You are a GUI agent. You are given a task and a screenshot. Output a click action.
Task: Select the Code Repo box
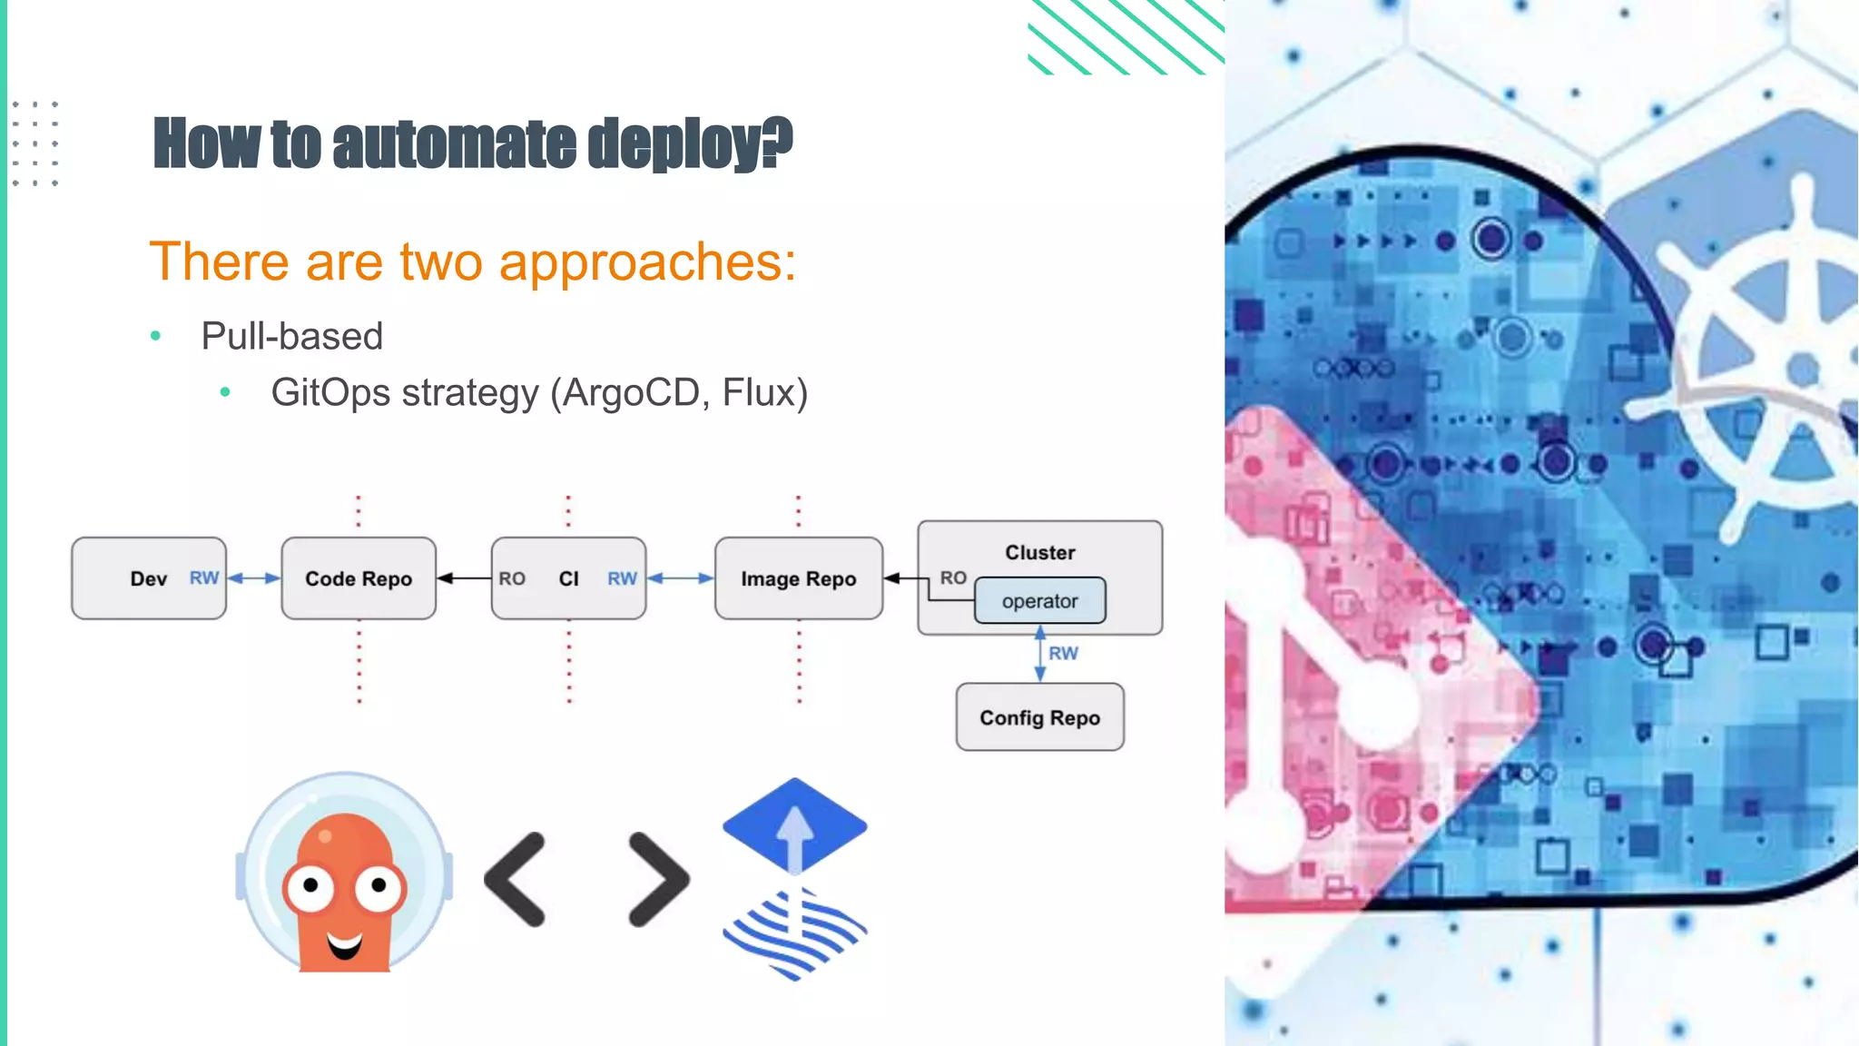tap(359, 578)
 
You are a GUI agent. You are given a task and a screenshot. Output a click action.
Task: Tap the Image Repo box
tap(798, 578)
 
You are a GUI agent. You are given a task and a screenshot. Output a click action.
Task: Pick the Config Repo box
tap(1039, 717)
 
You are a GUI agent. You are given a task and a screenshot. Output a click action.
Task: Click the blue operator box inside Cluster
tap(1039, 601)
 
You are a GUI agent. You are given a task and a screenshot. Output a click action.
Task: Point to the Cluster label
tap(1039, 552)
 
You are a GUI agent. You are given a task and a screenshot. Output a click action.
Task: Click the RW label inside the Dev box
tap(203, 577)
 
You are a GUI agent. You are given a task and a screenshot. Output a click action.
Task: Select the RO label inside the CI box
tap(512, 578)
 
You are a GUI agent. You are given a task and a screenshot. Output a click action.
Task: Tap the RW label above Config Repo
tap(1063, 653)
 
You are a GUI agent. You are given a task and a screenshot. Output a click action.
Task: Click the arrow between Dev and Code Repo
tap(253, 577)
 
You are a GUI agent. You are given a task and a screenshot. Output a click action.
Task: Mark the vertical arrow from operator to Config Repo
tap(1040, 654)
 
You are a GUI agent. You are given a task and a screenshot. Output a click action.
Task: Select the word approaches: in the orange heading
tap(647, 261)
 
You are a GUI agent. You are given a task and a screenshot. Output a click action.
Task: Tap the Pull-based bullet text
tap(291, 336)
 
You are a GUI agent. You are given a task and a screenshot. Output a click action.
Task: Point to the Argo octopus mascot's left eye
tap(310, 884)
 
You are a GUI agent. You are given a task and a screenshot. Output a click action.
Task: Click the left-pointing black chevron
tap(516, 879)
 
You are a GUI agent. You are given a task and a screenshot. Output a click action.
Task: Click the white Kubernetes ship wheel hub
tap(1802, 370)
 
